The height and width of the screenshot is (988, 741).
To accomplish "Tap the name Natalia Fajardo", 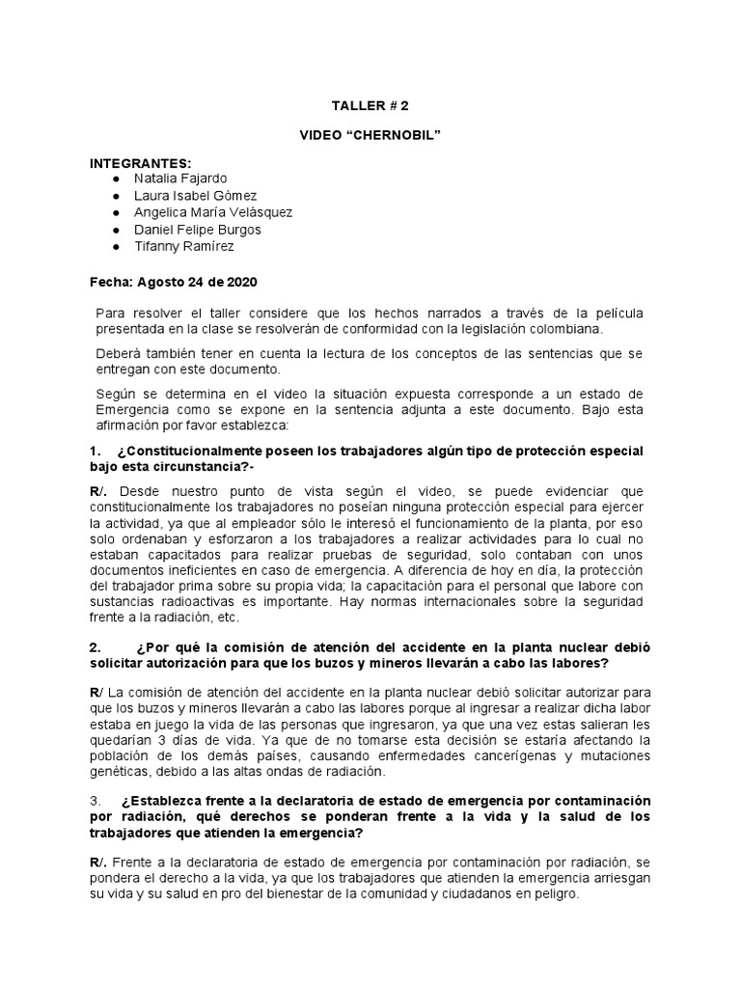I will (x=182, y=179).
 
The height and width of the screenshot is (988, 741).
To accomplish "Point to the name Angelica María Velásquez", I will (x=214, y=212).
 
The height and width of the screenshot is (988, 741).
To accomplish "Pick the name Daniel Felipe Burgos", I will (x=198, y=230).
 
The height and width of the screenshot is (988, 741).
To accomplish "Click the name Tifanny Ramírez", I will (x=185, y=246).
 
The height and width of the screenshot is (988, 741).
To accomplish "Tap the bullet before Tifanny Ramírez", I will (x=117, y=247).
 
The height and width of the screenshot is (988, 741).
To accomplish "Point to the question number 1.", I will (x=94, y=452).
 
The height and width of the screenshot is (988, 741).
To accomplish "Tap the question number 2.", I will (x=94, y=647).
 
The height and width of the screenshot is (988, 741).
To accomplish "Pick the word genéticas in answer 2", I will (x=121, y=773).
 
